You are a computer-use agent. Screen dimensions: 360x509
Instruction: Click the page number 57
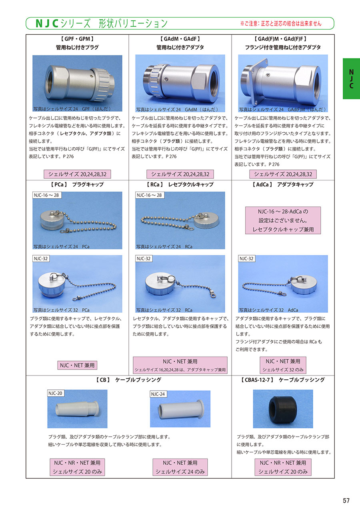tap(346, 500)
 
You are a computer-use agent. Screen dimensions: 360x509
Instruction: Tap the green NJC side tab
tap(351, 79)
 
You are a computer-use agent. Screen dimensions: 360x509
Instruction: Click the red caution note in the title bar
tap(281, 24)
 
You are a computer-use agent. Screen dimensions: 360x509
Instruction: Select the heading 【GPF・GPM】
tap(77, 39)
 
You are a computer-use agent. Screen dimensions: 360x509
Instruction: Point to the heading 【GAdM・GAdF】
tap(180, 39)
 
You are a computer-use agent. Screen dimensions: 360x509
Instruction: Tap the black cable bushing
tap(282, 409)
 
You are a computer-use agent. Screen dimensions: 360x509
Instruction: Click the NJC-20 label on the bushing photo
tap(56, 393)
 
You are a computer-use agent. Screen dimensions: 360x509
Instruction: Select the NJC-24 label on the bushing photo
tap(158, 394)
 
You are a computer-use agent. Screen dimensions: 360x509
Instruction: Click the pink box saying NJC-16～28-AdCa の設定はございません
tap(283, 220)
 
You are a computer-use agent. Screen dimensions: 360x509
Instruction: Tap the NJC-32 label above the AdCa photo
tap(246, 259)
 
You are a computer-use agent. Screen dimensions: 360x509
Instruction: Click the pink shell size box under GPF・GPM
tap(77, 174)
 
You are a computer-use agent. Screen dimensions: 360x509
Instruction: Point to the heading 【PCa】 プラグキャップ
tap(77, 184)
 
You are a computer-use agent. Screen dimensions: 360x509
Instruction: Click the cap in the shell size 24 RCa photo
tap(206, 220)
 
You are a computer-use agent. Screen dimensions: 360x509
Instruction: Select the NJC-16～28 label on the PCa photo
tap(47, 195)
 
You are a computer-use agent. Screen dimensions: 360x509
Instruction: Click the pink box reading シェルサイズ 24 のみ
tap(180, 467)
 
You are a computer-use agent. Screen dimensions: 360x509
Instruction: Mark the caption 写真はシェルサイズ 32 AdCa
tap(268, 310)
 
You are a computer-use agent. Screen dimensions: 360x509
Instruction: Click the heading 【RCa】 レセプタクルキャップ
tap(180, 184)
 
